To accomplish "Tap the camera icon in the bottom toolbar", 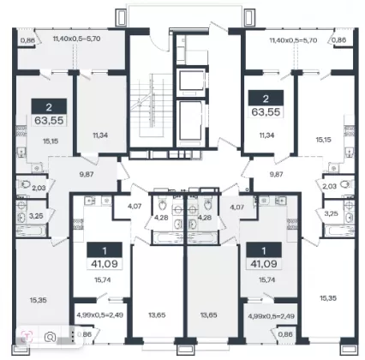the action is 51,337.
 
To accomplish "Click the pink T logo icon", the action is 27,336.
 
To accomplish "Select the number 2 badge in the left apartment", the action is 49,107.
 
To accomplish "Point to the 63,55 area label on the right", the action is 266,111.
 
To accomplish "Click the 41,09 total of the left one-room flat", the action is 105,264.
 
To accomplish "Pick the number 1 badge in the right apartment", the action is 264,250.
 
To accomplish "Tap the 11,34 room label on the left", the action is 100,135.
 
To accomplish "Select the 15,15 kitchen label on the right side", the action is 324,140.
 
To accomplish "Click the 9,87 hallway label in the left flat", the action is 87,174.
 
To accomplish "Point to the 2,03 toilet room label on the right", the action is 330,186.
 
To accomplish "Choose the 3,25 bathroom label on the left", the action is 36,216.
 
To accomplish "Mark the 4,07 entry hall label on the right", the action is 237,207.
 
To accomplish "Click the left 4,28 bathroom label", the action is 161,218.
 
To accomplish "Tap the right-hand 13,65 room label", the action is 208,315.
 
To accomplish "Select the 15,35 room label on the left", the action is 38,300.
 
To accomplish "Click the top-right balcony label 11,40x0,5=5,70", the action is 293,40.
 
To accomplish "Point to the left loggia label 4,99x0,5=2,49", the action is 100,315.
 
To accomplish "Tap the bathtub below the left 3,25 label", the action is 31,231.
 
